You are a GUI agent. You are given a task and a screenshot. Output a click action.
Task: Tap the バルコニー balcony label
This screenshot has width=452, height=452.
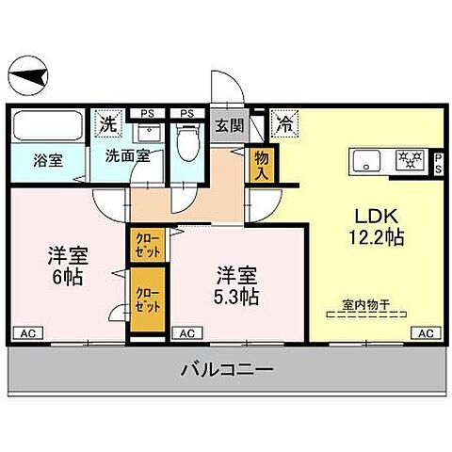click(x=227, y=371)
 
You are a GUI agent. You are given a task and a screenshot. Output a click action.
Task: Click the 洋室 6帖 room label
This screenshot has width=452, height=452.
click(x=67, y=266)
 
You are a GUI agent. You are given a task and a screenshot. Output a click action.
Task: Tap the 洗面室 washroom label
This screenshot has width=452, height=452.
click(x=126, y=156)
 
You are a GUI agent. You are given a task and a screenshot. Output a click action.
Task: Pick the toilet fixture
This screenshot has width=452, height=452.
click(x=187, y=142)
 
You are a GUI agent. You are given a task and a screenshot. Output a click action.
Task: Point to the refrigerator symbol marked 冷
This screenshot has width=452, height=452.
click(x=284, y=121)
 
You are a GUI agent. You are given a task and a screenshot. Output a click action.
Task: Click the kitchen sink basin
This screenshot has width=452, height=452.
click(x=363, y=159)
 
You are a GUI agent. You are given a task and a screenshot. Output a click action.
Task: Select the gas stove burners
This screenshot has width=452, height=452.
click(x=409, y=159)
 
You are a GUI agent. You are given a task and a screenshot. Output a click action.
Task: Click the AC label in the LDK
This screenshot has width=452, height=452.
click(x=425, y=333)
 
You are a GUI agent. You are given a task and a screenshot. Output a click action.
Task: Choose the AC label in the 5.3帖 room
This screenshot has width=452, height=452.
click(x=186, y=333)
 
